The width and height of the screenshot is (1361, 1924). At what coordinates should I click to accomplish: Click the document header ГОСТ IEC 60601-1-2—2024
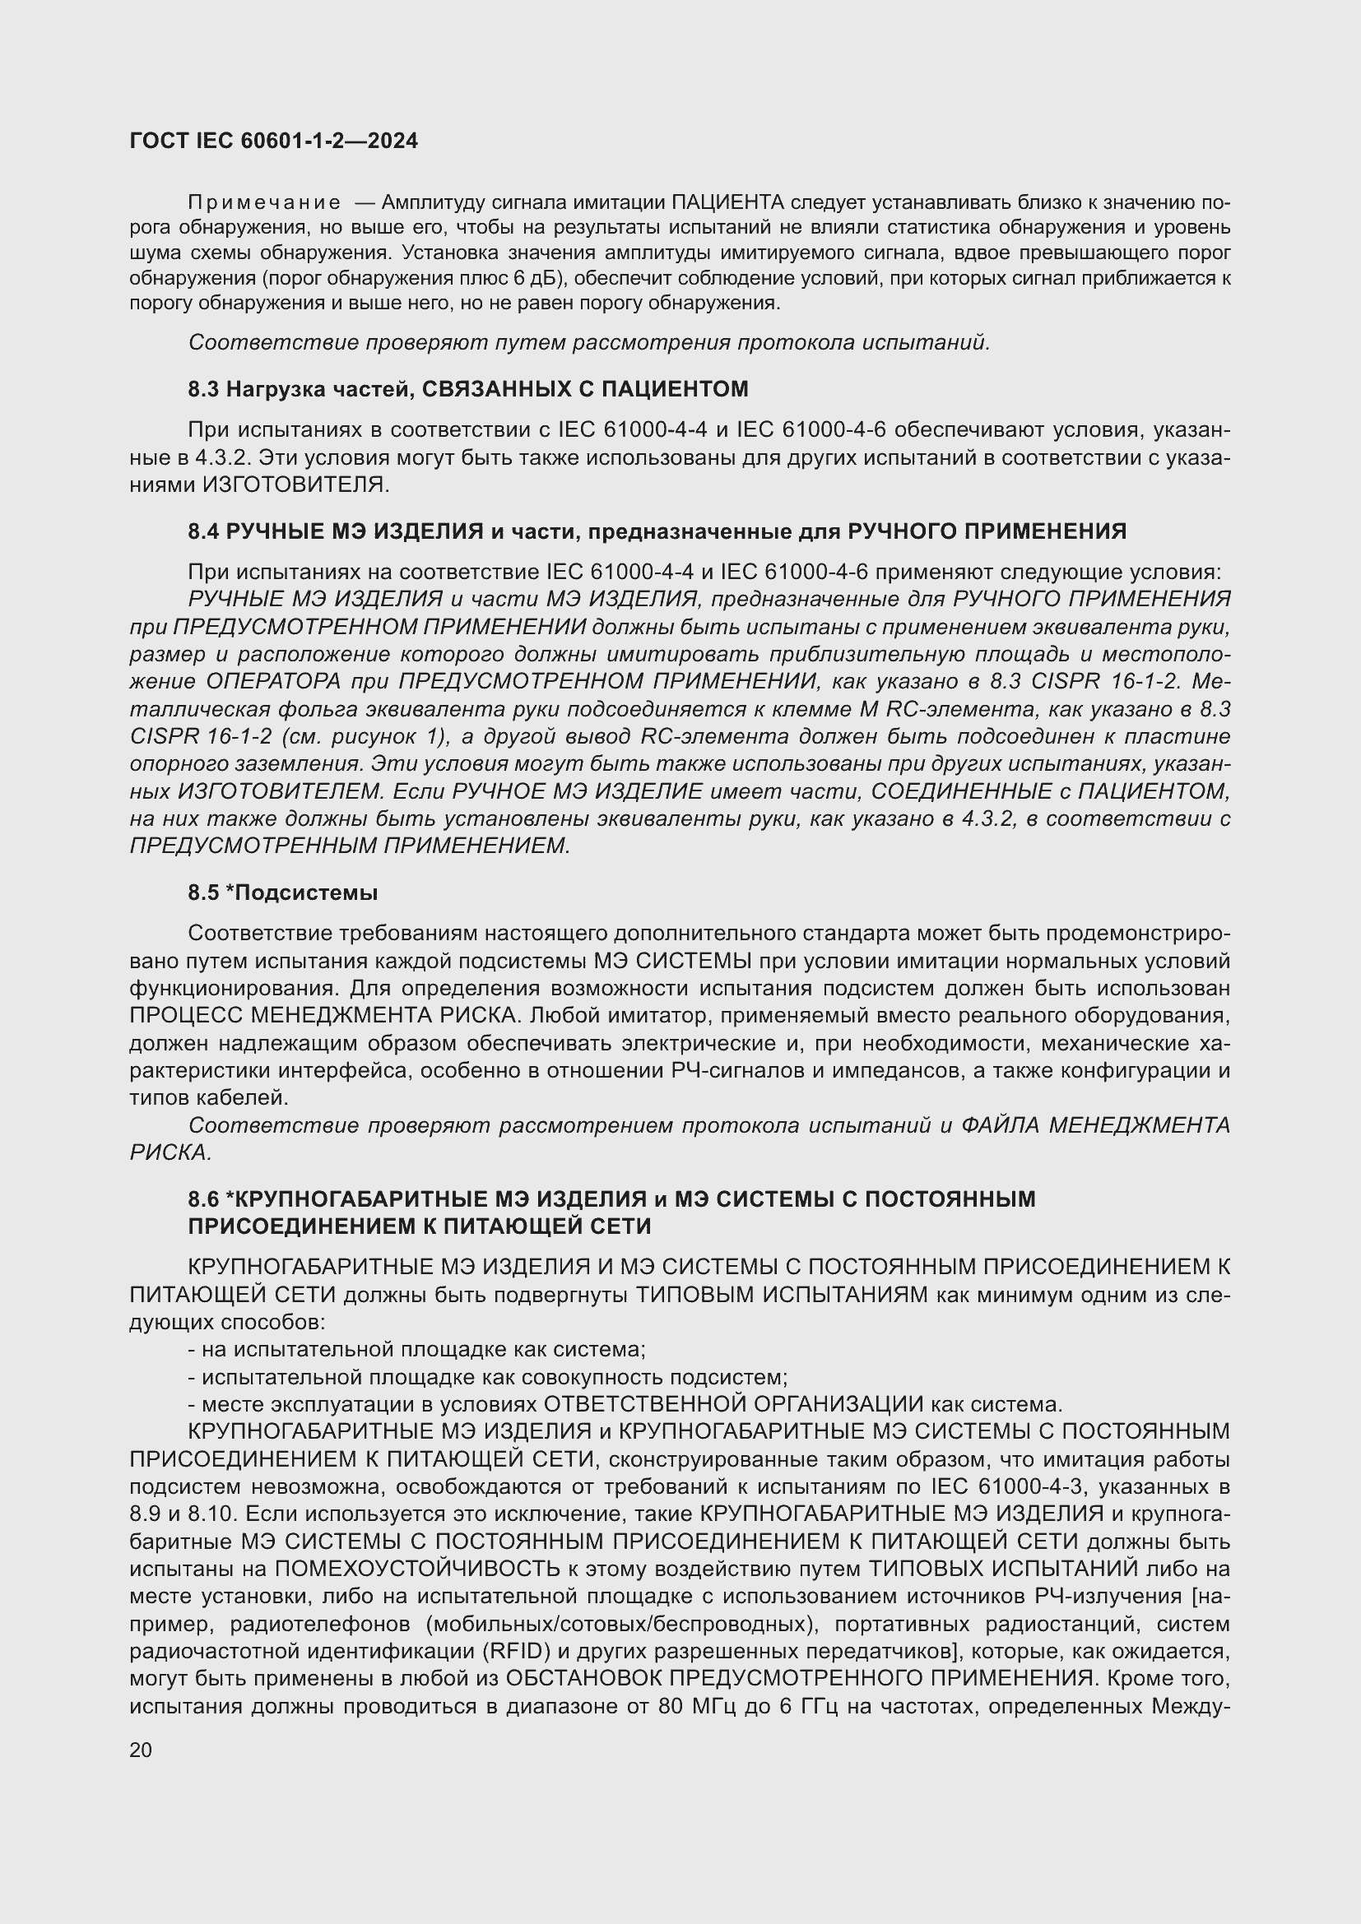(274, 141)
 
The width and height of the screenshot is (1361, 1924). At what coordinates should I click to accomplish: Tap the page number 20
(141, 1750)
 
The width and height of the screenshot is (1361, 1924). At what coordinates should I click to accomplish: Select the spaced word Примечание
(264, 202)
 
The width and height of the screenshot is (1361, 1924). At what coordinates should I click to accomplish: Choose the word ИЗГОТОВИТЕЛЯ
(297, 484)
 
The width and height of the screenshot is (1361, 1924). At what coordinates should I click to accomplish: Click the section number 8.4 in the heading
(202, 531)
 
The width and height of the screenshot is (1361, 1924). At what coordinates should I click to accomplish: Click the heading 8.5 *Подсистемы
(282, 892)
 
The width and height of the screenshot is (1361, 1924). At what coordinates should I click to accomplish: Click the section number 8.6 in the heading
(202, 1199)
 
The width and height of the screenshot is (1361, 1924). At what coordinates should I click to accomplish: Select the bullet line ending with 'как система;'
(416, 1349)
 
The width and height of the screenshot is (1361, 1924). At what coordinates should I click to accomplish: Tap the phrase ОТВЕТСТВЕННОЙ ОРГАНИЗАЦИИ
(733, 1403)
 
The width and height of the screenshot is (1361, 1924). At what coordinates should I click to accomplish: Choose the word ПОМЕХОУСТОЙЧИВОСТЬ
(417, 1569)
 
